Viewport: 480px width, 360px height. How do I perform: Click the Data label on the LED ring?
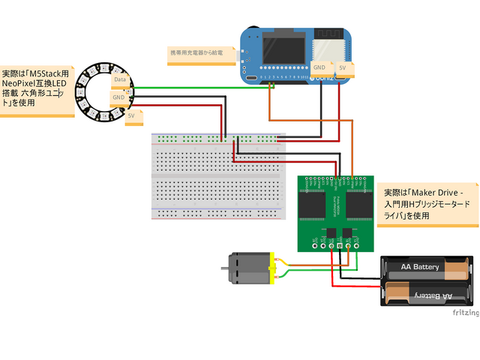(119, 79)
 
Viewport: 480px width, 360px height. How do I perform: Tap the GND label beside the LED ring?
(118, 97)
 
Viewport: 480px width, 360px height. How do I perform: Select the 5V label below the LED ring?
(131, 116)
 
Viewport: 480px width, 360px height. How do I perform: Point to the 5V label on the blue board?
(343, 67)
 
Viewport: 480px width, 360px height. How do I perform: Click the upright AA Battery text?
(420, 267)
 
